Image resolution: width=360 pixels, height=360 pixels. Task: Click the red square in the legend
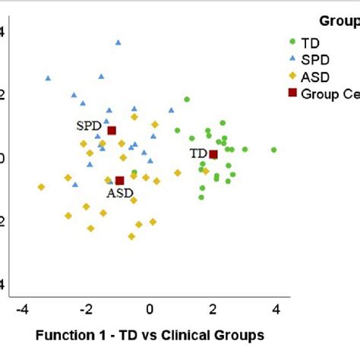[x=292, y=94]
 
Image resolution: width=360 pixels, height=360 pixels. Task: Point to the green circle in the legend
[x=292, y=42]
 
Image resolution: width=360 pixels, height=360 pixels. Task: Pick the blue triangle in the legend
[x=292, y=59]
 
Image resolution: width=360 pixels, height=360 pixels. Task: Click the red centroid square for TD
[x=213, y=154]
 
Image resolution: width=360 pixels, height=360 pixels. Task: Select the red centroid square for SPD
[x=112, y=131]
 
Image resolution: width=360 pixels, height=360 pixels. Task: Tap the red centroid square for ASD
[x=119, y=181]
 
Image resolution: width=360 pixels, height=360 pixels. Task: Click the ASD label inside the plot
[x=119, y=194]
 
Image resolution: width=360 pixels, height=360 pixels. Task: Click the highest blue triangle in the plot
[x=118, y=43]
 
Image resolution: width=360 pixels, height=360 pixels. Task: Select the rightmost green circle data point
[x=273, y=150]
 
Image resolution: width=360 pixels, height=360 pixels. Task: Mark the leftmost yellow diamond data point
[x=41, y=187]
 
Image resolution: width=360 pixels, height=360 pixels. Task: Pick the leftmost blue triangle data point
[x=48, y=77]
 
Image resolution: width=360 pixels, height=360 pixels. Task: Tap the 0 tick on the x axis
[x=150, y=309]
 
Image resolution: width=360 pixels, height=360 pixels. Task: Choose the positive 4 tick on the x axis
[x=276, y=309]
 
